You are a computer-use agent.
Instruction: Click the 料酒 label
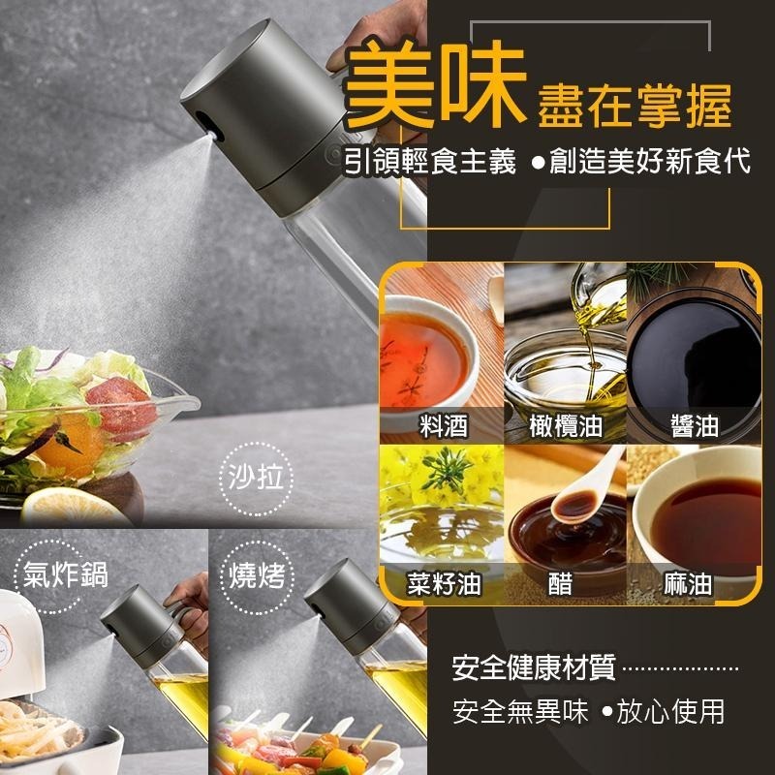pyautogui.click(x=444, y=425)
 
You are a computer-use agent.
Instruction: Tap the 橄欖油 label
pyautogui.click(x=566, y=425)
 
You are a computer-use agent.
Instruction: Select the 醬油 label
pyautogui.click(x=695, y=425)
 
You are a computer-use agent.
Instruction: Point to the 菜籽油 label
pyautogui.click(x=444, y=583)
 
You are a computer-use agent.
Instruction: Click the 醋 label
pyautogui.click(x=561, y=583)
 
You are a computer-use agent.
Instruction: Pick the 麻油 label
pyautogui.click(x=688, y=583)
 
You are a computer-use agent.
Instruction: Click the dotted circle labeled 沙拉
pyautogui.click(x=256, y=479)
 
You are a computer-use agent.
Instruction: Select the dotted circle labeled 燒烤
pyautogui.click(x=257, y=577)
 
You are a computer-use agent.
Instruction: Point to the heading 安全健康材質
pyautogui.click(x=534, y=667)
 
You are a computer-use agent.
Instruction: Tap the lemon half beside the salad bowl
pyautogui.click(x=75, y=507)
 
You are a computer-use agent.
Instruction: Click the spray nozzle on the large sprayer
pyautogui.click(x=212, y=134)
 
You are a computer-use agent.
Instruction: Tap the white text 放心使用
pyautogui.click(x=670, y=712)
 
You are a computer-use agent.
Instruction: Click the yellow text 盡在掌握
pyautogui.click(x=635, y=107)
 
